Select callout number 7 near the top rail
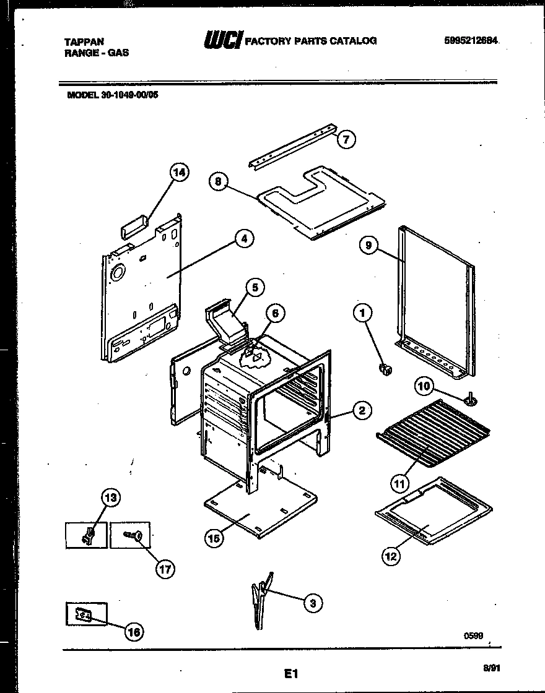click(x=346, y=140)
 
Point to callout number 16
click(x=134, y=631)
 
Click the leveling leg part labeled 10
click(x=471, y=399)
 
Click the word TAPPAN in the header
click(x=84, y=41)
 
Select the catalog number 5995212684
click(x=471, y=40)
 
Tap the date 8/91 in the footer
click(x=490, y=667)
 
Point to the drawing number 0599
click(x=473, y=635)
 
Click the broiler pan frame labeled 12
click(x=434, y=510)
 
